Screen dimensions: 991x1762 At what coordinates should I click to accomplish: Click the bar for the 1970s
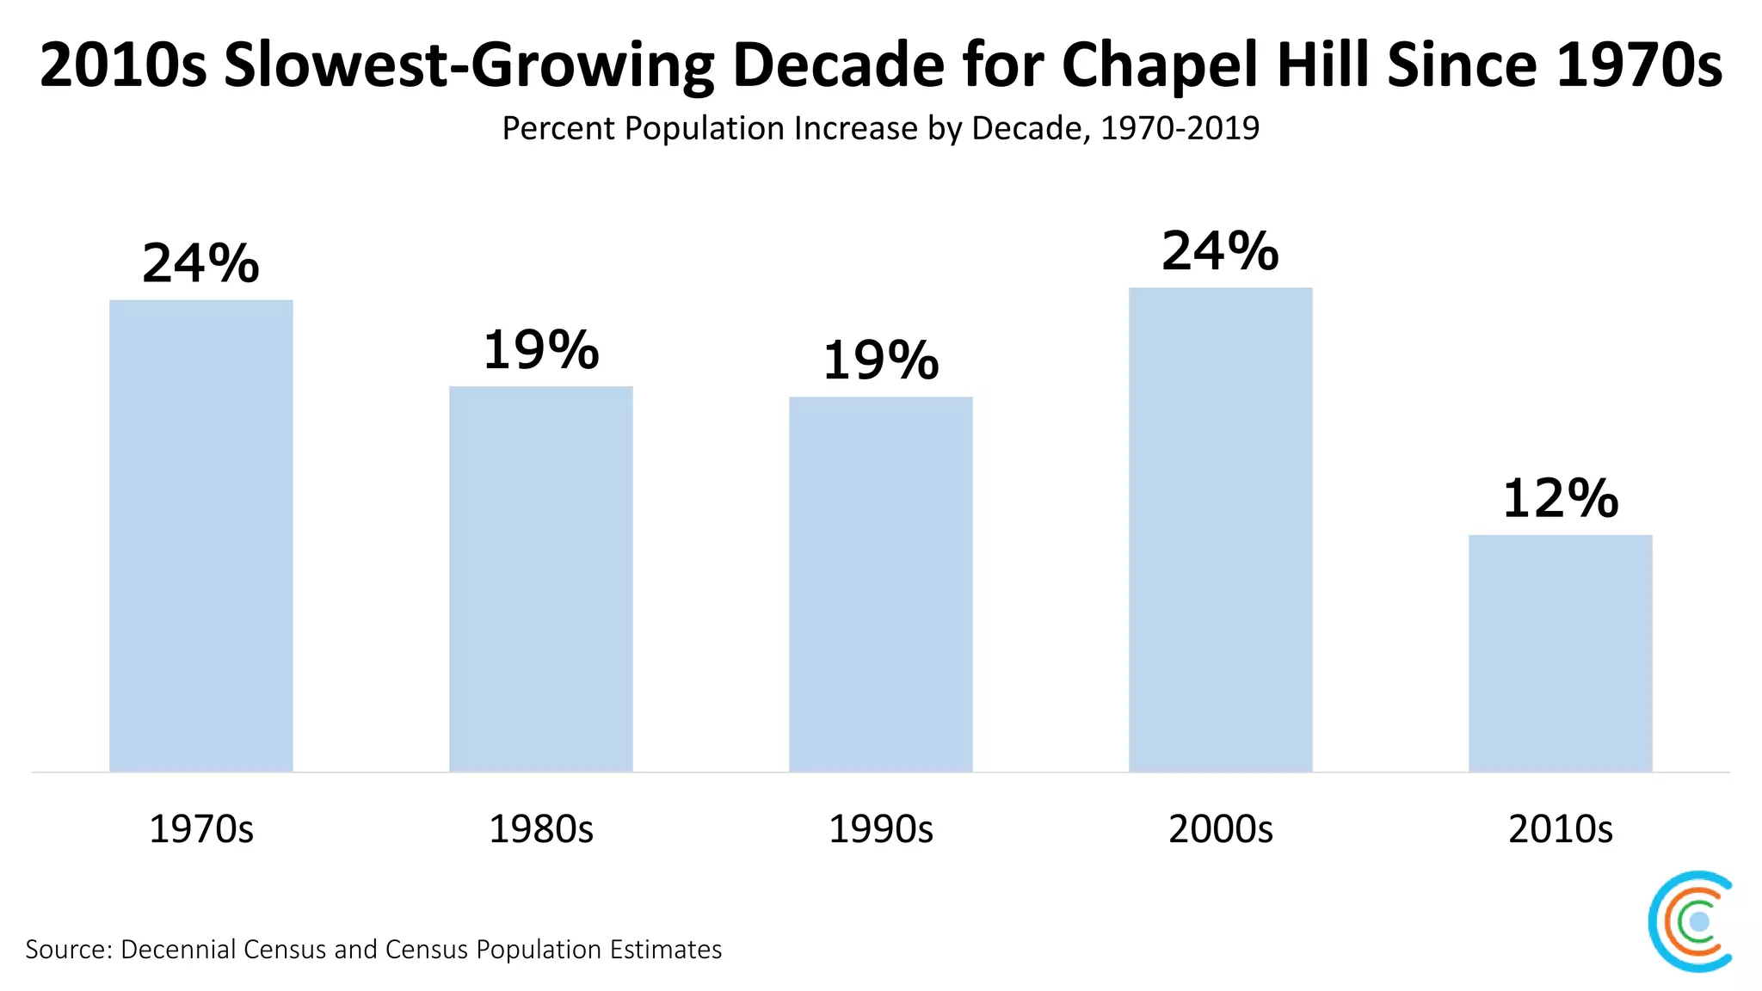pyautogui.click(x=200, y=535)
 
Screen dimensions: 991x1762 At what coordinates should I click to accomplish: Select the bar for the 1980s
pyautogui.click(x=540, y=578)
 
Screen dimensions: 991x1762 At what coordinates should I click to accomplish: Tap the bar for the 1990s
pyautogui.click(x=880, y=583)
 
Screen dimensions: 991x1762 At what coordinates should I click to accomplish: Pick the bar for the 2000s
pyautogui.click(x=1220, y=529)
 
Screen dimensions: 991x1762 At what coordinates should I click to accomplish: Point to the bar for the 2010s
pyautogui.click(x=1560, y=652)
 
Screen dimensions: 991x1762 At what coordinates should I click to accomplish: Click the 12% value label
pyautogui.click(x=1560, y=498)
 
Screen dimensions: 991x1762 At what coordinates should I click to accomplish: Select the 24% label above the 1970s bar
pyautogui.click(x=200, y=263)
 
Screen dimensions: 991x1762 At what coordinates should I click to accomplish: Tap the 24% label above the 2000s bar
pyautogui.click(x=1220, y=251)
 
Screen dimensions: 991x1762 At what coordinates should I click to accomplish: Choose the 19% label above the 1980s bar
pyautogui.click(x=540, y=350)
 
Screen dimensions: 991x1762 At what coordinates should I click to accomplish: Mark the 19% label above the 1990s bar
pyautogui.click(x=880, y=360)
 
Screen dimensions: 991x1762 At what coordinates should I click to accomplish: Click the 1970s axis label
pyautogui.click(x=200, y=828)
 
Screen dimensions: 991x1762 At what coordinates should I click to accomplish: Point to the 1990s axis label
pyautogui.click(x=880, y=828)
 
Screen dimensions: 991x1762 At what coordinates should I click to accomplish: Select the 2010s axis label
pyautogui.click(x=1560, y=828)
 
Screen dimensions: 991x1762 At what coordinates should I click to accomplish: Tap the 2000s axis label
pyautogui.click(x=1220, y=828)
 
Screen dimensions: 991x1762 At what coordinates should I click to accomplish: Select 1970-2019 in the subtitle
pyautogui.click(x=1180, y=128)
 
